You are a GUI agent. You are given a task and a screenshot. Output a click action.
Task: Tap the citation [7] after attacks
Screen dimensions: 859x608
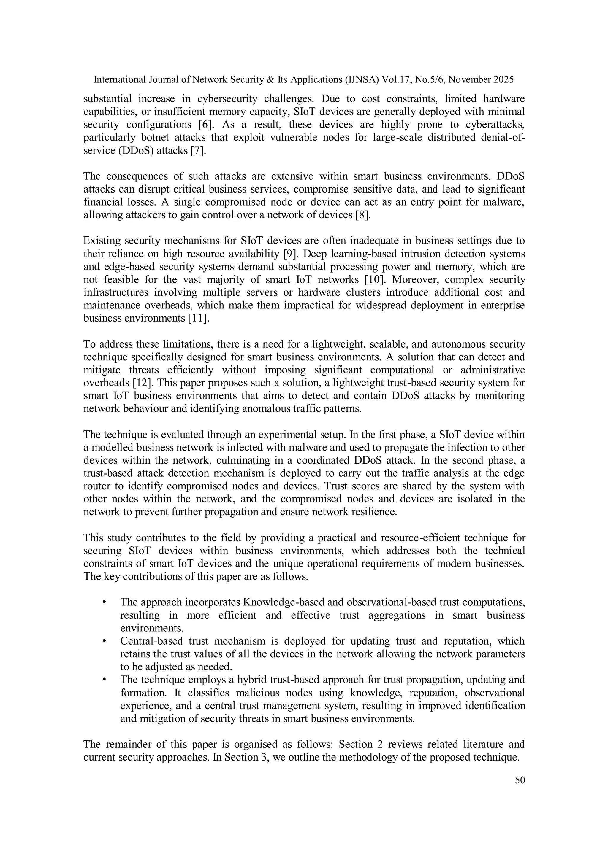(x=198, y=150)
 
